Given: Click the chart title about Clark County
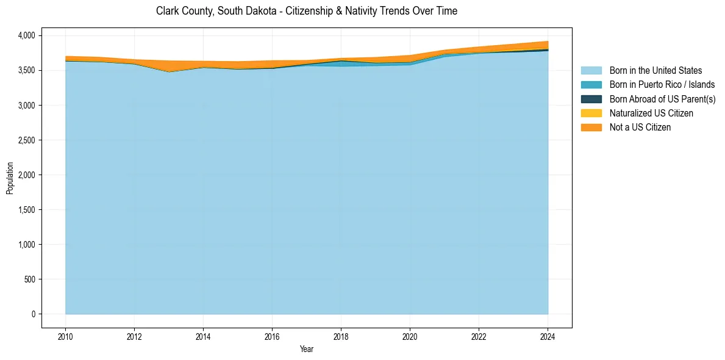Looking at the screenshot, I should point(307,11).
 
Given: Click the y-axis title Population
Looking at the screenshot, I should point(10,178).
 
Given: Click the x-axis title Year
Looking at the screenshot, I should point(307,349).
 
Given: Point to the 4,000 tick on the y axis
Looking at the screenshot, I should point(27,36).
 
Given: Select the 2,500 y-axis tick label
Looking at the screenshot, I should point(27,140).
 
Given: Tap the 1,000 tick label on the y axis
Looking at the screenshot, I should point(27,245).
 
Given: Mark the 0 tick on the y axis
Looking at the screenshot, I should point(34,314).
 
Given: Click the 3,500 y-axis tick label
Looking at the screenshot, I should point(27,71).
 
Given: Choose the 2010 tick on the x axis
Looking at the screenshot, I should point(65,336).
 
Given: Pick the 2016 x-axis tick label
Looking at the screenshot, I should point(272,336).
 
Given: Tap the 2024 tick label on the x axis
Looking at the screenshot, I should point(548,336).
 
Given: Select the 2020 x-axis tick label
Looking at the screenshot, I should point(410,336).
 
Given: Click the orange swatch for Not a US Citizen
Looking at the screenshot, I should point(591,128).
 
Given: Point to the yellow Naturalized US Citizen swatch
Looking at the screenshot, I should point(591,113).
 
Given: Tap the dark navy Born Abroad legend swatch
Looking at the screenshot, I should point(591,99).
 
